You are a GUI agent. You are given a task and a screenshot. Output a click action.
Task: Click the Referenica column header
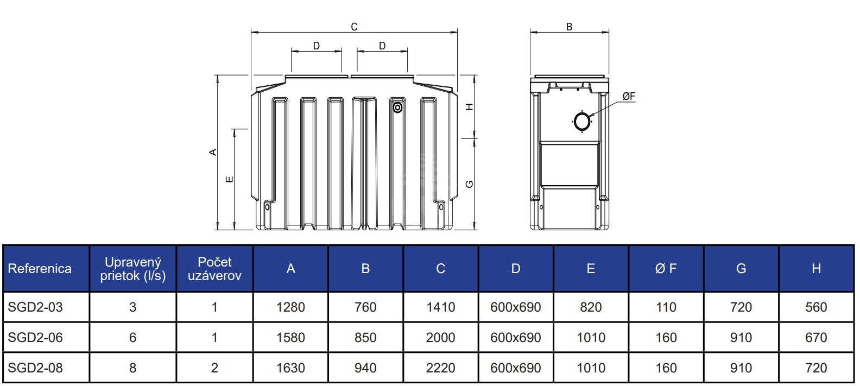coord(40,269)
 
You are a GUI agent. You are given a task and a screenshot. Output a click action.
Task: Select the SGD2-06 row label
coord(35,338)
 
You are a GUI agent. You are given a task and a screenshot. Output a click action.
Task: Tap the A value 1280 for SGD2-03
coord(290,307)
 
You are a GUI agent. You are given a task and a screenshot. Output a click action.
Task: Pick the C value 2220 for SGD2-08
coord(440,368)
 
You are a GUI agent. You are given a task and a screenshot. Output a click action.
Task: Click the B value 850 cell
coord(365,338)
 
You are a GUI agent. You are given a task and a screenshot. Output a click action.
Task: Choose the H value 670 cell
coord(816,338)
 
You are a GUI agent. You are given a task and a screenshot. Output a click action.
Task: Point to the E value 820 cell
coord(591,307)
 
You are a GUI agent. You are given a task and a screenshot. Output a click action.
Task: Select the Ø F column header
coord(666,269)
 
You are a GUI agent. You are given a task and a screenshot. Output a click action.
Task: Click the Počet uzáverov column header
coord(214,269)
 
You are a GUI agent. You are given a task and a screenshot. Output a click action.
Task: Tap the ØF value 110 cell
coord(666,307)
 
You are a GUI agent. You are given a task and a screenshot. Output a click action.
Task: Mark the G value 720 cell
coord(741,307)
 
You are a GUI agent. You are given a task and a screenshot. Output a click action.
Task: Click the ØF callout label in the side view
coord(629,97)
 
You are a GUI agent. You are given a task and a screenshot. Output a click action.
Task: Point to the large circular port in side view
coord(582,122)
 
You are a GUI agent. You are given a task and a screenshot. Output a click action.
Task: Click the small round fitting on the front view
coord(397,108)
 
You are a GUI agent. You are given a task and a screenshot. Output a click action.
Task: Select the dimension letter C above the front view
coord(354,27)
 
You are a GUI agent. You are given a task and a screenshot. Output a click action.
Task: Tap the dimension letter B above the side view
coord(569,27)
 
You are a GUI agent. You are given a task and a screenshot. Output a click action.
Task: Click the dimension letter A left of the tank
coord(213,153)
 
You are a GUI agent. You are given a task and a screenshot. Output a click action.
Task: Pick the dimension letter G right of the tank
coord(470,184)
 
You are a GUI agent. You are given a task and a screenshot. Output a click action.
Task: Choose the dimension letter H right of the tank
coord(470,107)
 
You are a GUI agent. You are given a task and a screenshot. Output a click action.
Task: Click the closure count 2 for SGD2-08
coord(214,368)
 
